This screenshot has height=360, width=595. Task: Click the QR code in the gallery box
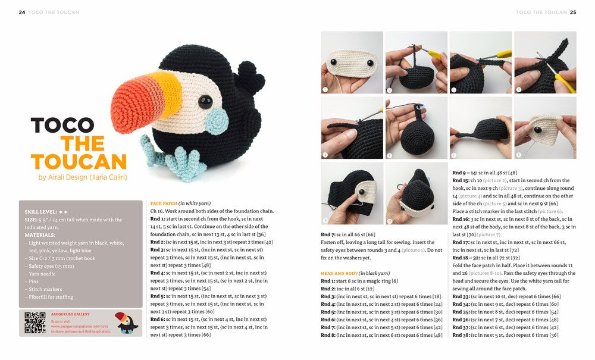click(35, 323)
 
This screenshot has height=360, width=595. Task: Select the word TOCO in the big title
click(62, 125)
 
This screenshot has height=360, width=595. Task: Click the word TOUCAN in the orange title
click(79, 162)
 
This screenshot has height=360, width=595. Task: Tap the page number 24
click(22, 12)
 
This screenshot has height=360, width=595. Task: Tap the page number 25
click(573, 12)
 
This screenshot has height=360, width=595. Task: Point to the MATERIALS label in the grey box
click(41, 234)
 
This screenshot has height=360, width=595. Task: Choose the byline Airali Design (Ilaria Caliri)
click(83, 177)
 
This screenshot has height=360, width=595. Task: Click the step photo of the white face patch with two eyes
click(352, 62)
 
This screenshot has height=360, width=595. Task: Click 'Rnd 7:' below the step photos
click(328, 235)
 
